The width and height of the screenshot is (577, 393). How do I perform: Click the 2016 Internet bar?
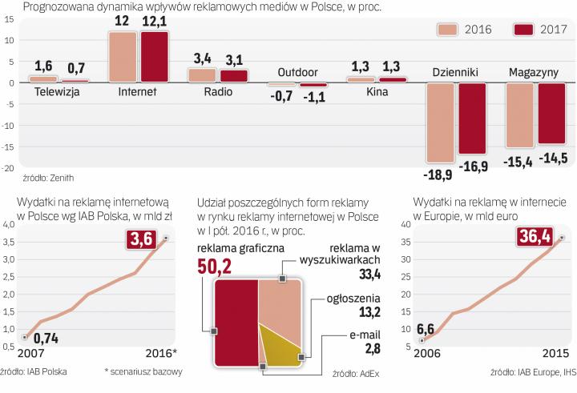click(x=123, y=56)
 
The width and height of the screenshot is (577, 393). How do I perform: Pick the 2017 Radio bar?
click(x=234, y=76)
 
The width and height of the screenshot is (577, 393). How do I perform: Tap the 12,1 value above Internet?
click(x=155, y=22)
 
